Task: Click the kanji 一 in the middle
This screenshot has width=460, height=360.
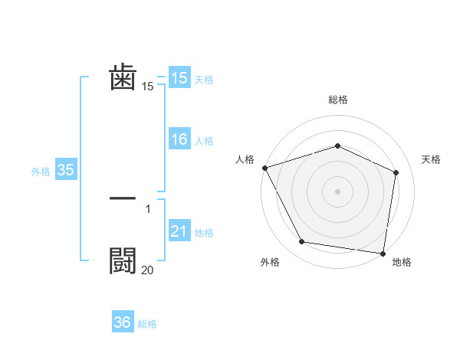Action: click(x=123, y=198)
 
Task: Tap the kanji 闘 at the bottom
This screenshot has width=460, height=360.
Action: click(x=123, y=260)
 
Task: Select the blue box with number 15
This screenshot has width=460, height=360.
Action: click(x=179, y=78)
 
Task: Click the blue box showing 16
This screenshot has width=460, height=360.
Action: click(x=179, y=139)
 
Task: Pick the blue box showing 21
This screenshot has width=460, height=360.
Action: click(x=179, y=231)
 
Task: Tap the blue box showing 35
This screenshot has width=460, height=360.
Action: click(x=65, y=170)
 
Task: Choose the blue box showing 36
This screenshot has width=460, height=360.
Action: click(x=123, y=322)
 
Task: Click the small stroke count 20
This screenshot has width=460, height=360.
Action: click(x=147, y=270)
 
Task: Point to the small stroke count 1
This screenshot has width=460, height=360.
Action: click(x=148, y=208)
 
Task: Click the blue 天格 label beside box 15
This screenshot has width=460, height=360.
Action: click(x=204, y=79)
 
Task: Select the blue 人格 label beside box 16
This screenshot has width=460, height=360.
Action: click(x=204, y=140)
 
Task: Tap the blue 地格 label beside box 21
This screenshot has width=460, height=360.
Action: click(x=204, y=232)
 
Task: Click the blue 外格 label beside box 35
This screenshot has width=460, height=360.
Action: click(x=41, y=171)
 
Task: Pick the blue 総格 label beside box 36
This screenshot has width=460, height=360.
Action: click(x=147, y=324)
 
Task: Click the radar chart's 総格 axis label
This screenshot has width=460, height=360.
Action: click(x=337, y=100)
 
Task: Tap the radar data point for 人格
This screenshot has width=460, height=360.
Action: click(x=264, y=168)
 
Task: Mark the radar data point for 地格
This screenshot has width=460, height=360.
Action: click(x=383, y=253)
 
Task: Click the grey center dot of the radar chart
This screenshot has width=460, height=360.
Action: click(x=337, y=191)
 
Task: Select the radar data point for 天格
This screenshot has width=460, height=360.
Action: click(x=396, y=172)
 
